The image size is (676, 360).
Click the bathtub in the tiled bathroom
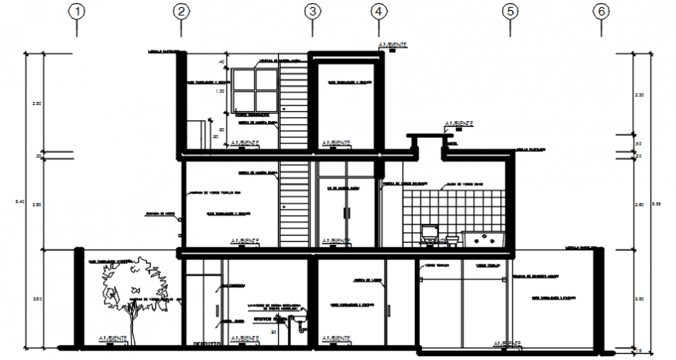click(484, 238)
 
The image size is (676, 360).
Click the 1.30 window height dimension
click(221, 91)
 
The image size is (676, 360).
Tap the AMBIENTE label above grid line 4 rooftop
click(392, 46)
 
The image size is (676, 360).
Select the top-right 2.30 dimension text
click(639, 95)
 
